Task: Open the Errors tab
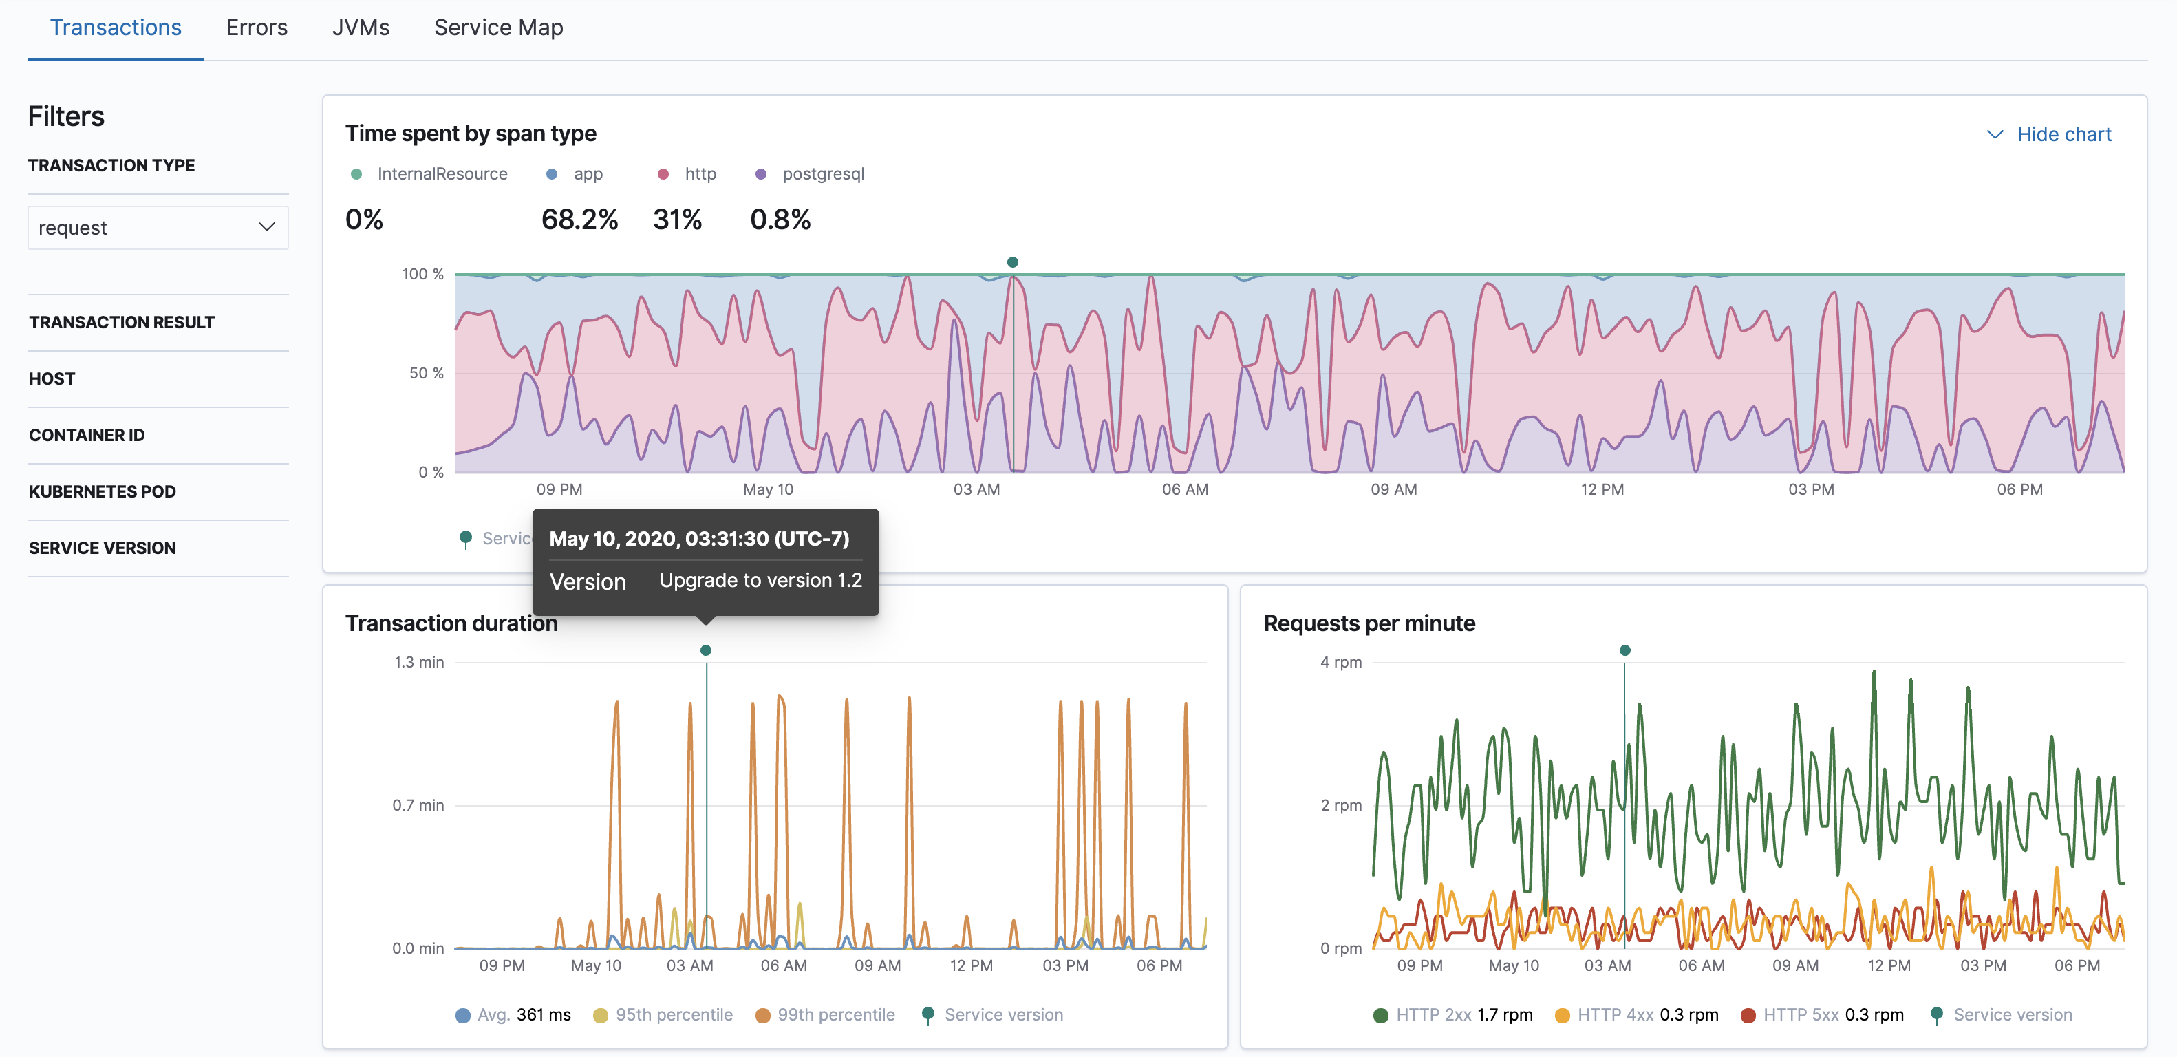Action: point(256,28)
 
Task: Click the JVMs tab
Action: point(361,28)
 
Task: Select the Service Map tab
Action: point(497,28)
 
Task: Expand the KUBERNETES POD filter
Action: point(103,492)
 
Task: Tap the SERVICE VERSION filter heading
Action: point(103,548)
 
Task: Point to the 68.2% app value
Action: point(580,220)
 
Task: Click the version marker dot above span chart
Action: point(1012,263)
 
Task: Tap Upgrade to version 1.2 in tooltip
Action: point(760,581)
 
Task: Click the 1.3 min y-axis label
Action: point(419,663)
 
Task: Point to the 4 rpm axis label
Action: point(1340,663)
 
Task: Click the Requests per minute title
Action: point(1369,623)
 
